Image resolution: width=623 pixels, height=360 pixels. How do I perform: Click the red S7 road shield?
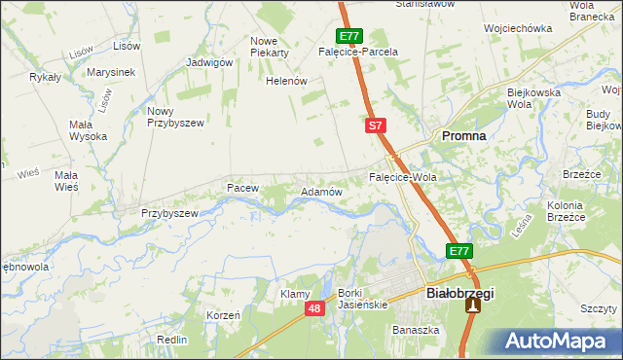[x=377, y=126]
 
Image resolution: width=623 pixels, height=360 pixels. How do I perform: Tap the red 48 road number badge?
[x=313, y=308]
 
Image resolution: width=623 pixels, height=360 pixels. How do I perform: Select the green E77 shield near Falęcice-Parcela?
[x=351, y=35]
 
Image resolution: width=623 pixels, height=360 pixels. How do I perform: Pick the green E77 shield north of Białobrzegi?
[x=459, y=251]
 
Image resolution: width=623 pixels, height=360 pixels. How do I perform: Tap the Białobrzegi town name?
[x=460, y=292]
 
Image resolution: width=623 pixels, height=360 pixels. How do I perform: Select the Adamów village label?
[x=321, y=193]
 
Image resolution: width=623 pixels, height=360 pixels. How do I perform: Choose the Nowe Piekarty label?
[x=271, y=47]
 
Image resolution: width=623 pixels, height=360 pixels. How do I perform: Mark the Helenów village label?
[x=287, y=81]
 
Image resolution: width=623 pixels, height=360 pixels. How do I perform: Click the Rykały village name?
[x=46, y=76]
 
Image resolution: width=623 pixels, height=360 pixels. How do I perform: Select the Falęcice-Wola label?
[x=402, y=179]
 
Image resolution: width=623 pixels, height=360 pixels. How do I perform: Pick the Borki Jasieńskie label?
[x=362, y=299]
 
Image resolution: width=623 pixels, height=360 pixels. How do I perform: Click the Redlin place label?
[x=171, y=340]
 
